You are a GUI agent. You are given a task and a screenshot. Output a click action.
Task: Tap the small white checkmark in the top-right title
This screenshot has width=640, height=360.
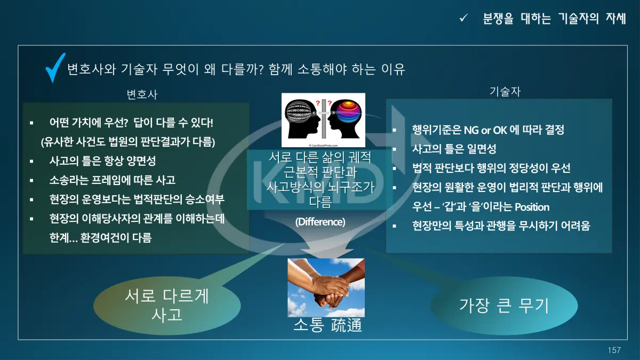click(x=463, y=18)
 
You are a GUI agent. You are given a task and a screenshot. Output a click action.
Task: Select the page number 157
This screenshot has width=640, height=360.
click(x=614, y=350)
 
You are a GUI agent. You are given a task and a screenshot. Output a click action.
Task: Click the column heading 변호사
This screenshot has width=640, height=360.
click(x=142, y=94)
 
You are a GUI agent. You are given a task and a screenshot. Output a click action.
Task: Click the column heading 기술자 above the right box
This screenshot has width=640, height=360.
click(x=505, y=91)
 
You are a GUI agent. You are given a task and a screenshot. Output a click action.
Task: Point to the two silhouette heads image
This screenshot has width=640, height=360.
click(x=323, y=120)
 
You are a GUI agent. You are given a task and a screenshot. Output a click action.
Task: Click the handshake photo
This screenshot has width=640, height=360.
click(x=326, y=287)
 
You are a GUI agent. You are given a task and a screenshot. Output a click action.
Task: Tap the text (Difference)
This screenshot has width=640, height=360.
click(x=321, y=222)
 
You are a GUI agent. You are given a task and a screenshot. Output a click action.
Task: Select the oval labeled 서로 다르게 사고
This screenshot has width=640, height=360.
click(x=167, y=306)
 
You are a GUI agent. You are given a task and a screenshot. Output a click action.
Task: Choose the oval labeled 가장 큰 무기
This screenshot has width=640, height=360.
click(x=504, y=306)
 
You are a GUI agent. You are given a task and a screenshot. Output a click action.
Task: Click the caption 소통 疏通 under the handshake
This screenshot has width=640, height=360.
click(x=327, y=325)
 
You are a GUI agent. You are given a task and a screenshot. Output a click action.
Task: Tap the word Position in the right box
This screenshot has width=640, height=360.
click(x=532, y=207)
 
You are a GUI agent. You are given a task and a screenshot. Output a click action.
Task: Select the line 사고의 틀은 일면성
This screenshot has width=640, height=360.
click(x=454, y=149)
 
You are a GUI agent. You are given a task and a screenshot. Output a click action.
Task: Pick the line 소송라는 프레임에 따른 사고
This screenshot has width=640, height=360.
click(x=113, y=180)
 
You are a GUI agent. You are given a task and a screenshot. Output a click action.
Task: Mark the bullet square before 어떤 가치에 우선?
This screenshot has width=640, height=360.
click(x=31, y=123)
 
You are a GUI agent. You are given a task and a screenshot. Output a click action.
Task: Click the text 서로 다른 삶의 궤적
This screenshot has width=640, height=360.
click(x=321, y=157)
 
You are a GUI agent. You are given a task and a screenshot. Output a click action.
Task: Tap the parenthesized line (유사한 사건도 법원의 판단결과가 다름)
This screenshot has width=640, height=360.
click(x=128, y=142)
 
